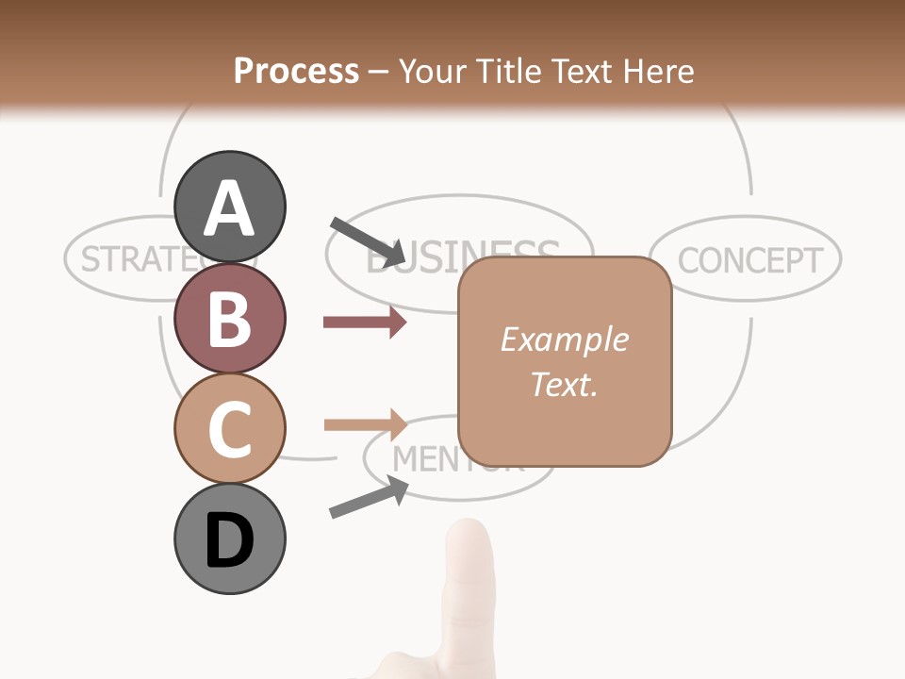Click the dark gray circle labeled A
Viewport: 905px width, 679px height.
[230, 207]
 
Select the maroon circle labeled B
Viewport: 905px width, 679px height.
[230, 319]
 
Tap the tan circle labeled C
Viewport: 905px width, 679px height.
[230, 428]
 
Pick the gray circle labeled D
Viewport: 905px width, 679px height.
[230, 538]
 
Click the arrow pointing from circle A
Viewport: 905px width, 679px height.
[368, 241]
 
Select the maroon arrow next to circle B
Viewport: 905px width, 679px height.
[364, 323]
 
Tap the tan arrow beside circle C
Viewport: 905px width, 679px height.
[366, 424]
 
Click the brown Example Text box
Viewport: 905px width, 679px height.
[565, 361]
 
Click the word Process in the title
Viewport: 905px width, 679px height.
[296, 71]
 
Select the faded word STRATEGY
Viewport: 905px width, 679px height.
[127, 258]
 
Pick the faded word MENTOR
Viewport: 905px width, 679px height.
[424, 459]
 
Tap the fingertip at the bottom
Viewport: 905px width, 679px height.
[469, 542]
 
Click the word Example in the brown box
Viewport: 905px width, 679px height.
[564, 339]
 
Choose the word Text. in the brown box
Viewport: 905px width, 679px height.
[564, 384]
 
